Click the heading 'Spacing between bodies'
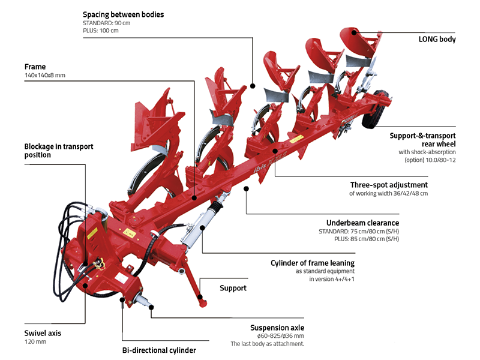[x=123, y=14]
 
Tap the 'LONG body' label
[x=437, y=40]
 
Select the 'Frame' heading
[x=35, y=67]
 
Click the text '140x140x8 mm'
[x=44, y=76]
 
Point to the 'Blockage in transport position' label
[x=59, y=151]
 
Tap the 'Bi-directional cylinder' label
[x=159, y=350]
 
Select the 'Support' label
[x=233, y=288]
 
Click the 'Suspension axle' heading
[x=277, y=328]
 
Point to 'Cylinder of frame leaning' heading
[x=312, y=263]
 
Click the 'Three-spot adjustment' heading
[x=389, y=185]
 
